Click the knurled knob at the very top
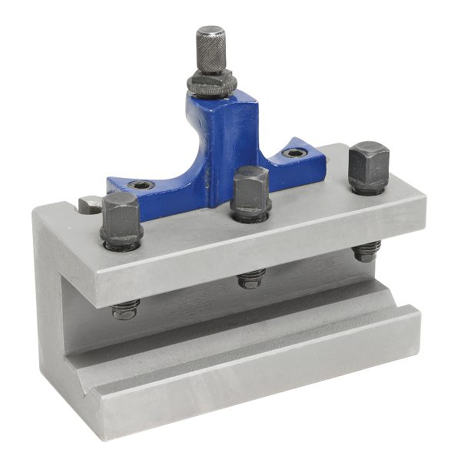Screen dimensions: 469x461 pos(210,48)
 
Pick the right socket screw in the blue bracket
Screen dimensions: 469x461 pos(294,154)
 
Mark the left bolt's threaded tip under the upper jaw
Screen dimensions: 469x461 pos(125,309)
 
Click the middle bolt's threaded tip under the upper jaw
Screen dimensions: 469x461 pos(251,278)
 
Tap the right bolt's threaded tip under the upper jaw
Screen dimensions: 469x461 pos(367,250)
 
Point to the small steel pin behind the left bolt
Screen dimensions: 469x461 pos(88,204)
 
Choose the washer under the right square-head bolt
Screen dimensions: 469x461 pos(366,187)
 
